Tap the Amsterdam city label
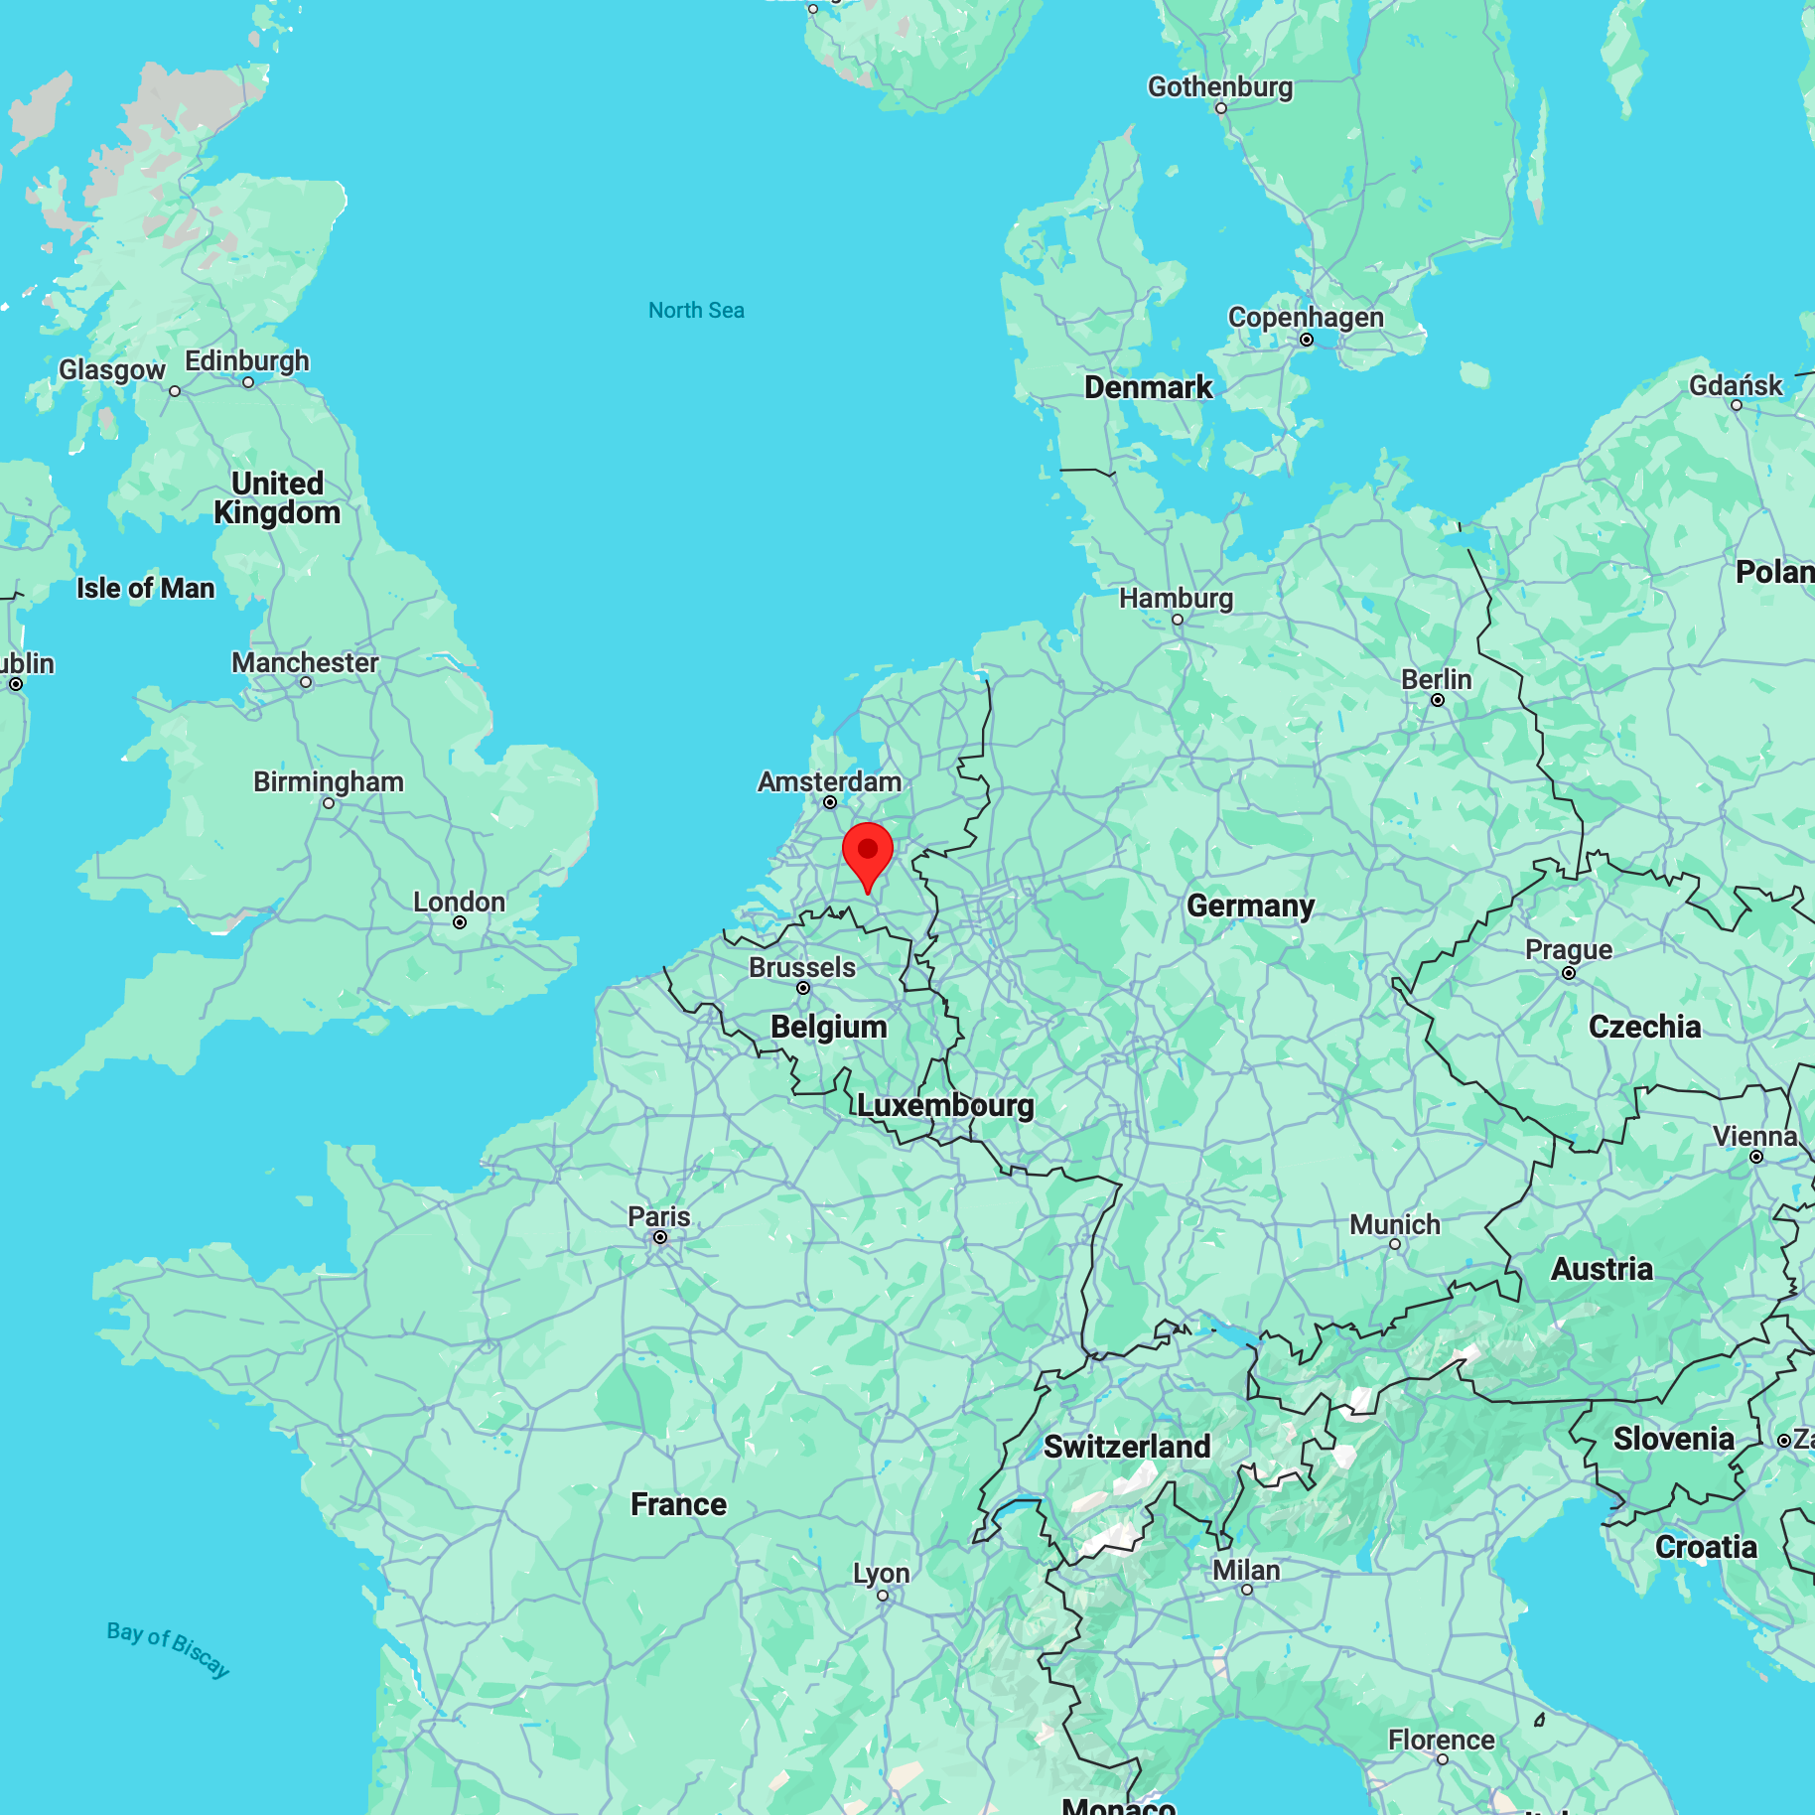point(829,781)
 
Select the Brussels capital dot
point(803,988)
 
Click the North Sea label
point(696,311)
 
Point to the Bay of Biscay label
point(168,1648)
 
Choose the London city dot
point(460,922)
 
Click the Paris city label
point(658,1216)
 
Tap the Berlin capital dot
point(1438,700)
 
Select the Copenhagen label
point(1306,317)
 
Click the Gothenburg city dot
point(1221,108)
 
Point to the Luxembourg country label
point(945,1105)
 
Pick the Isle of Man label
point(146,588)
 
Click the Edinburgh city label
point(247,360)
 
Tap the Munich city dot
point(1395,1244)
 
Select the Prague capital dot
point(1569,973)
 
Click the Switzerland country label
point(1127,1446)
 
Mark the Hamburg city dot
point(1178,620)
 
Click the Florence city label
point(1441,1740)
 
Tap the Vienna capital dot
point(1756,1157)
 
